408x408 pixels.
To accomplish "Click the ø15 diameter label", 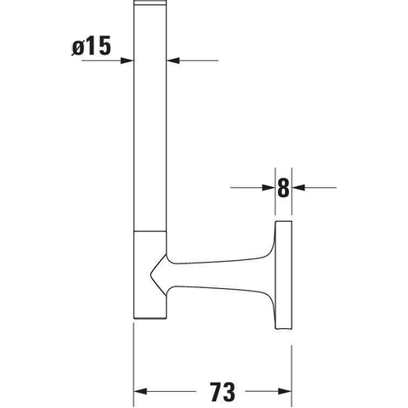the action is pyautogui.click(x=91, y=46).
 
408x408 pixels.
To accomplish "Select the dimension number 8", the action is pyautogui.click(x=283, y=188).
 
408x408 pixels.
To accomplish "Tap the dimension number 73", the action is pyautogui.click(x=223, y=392).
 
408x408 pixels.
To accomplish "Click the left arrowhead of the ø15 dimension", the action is pyautogui.click(x=127, y=60).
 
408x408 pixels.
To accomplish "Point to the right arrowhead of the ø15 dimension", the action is pyautogui.click(x=173, y=60).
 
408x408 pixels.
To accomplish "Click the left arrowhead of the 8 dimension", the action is pyautogui.click(x=269, y=187).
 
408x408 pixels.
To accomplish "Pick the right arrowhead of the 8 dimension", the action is pyautogui.click(x=298, y=187).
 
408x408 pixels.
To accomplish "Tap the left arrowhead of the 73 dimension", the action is pyautogui.click(x=140, y=392).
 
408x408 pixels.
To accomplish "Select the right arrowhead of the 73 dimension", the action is pyautogui.click(x=285, y=392).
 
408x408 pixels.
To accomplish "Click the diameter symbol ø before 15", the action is pyautogui.click(x=78, y=48).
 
